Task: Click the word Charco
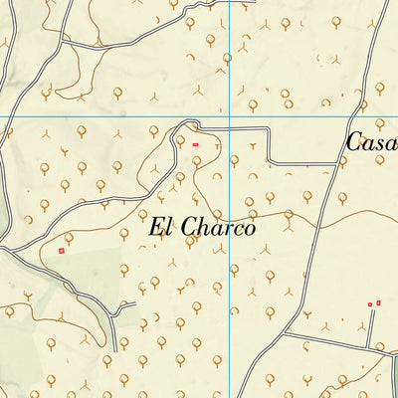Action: pos(219,227)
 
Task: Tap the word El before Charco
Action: pos(162,227)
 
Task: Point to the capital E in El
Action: pos(157,227)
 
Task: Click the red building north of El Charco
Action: pos(196,145)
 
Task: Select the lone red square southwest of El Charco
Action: pos(62,252)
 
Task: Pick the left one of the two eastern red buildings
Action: pos(369,303)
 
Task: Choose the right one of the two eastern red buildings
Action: pos(378,302)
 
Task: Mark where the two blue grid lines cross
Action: pos(231,116)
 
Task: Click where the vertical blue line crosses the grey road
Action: pos(231,128)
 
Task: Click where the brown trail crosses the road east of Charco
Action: pos(318,212)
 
